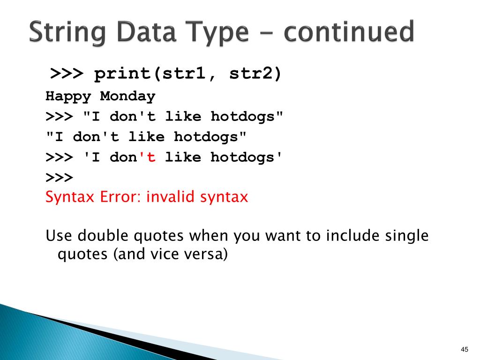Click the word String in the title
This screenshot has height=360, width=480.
click(x=70, y=33)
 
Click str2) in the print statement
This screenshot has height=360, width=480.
click(x=255, y=74)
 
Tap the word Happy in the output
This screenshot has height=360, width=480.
click(x=68, y=97)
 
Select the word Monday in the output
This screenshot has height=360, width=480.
click(x=127, y=97)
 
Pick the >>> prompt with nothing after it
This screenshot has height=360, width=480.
click(x=59, y=177)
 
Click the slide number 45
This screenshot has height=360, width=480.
click(x=465, y=349)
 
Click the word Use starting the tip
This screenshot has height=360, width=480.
click(x=59, y=235)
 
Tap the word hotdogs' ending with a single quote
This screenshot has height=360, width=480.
click(x=247, y=157)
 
